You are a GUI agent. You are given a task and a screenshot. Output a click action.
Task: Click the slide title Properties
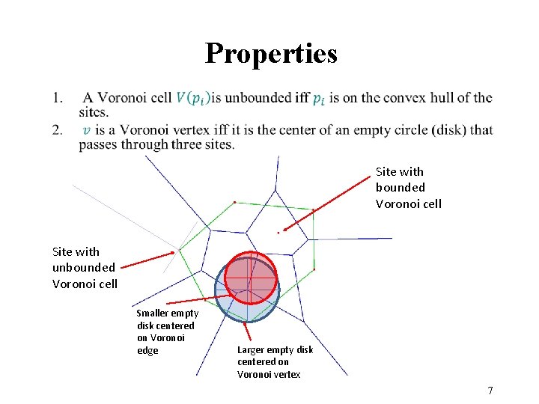click(x=271, y=53)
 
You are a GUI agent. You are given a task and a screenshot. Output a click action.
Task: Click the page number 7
click(x=490, y=391)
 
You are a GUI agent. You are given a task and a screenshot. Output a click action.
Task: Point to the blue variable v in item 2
click(x=86, y=130)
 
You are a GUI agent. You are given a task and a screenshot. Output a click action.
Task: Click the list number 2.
click(x=58, y=130)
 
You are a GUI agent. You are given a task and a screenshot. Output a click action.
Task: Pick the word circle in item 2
click(x=406, y=130)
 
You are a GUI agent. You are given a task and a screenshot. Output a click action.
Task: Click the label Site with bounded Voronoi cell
click(x=409, y=188)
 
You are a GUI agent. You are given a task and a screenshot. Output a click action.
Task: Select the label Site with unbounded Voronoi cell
click(x=84, y=267)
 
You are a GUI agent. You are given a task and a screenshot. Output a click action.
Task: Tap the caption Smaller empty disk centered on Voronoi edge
click(x=167, y=331)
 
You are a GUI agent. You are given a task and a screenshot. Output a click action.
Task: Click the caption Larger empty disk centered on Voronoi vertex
click(x=275, y=361)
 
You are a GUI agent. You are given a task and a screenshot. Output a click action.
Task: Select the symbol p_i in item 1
click(x=319, y=98)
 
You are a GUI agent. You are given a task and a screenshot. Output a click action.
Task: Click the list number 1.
click(x=58, y=97)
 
